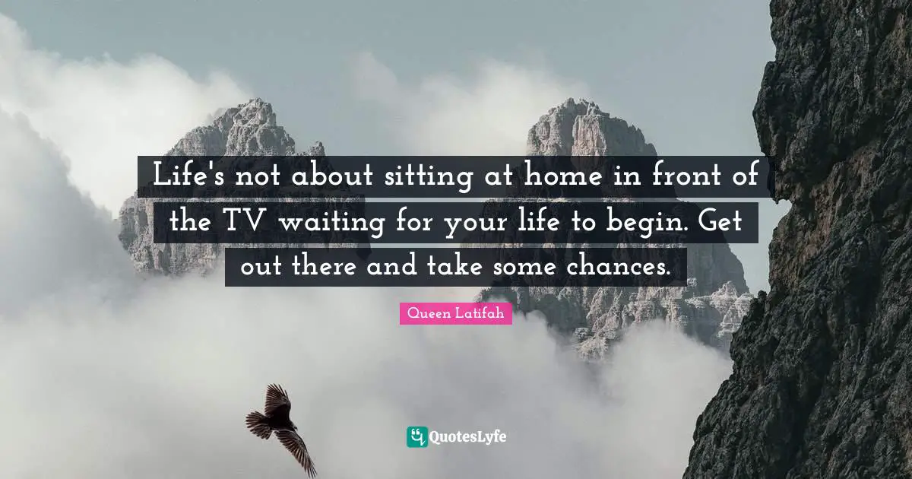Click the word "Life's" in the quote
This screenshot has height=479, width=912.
pos(188,177)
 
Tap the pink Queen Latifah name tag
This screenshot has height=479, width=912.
pos(455,312)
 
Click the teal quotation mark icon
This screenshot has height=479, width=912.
pos(416,436)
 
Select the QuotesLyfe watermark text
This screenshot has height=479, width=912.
pos(467,437)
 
